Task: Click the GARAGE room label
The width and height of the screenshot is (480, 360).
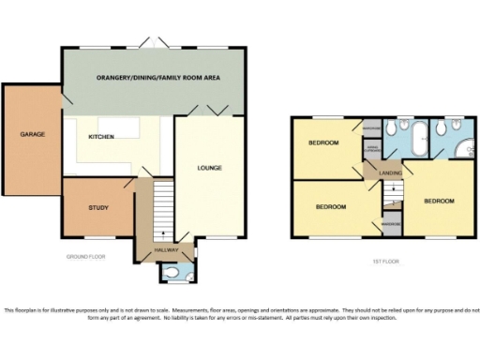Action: [33, 134]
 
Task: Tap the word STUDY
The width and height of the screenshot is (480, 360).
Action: [98, 207]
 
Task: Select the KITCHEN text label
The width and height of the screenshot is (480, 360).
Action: [101, 137]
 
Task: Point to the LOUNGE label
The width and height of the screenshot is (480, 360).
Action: [209, 169]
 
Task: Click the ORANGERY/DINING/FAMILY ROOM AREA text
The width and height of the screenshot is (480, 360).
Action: [157, 78]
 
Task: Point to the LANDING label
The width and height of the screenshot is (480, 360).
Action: [390, 172]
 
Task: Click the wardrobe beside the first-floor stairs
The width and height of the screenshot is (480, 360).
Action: [391, 224]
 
